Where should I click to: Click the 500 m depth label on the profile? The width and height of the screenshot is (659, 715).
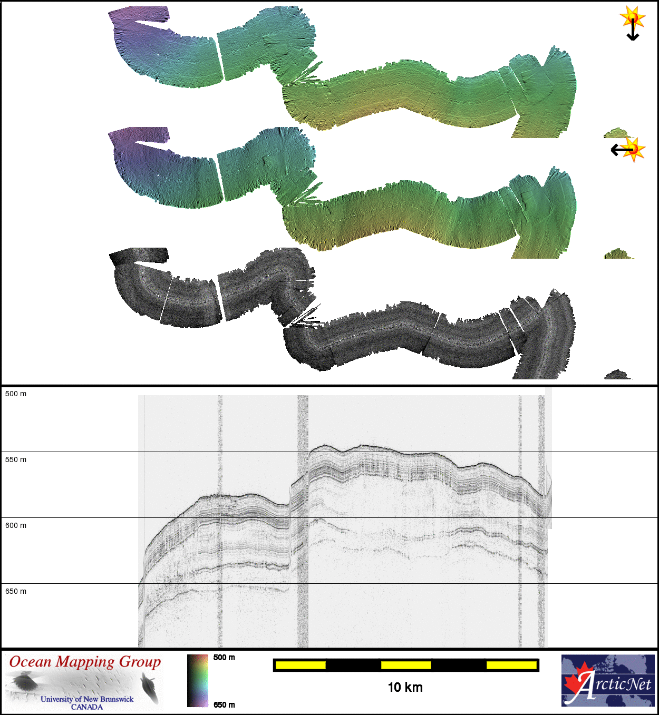click(x=16, y=394)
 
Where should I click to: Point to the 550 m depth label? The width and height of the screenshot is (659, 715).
click(x=16, y=459)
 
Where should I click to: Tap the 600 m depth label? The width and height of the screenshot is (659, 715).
click(x=16, y=525)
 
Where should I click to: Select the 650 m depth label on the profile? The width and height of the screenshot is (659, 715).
click(x=16, y=591)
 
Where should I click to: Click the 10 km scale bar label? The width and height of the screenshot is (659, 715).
click(x=405, y=687)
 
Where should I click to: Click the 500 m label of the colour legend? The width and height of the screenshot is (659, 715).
click(x=224, y=658)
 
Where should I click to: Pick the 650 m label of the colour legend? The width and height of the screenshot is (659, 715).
click(x=224, y=704)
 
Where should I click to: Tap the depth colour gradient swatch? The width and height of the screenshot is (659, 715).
click(x=198, y=681)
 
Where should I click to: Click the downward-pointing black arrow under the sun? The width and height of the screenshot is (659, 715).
click(x=633, y=29)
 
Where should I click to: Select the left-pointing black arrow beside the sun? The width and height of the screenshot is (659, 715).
click(x=623, y=150)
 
